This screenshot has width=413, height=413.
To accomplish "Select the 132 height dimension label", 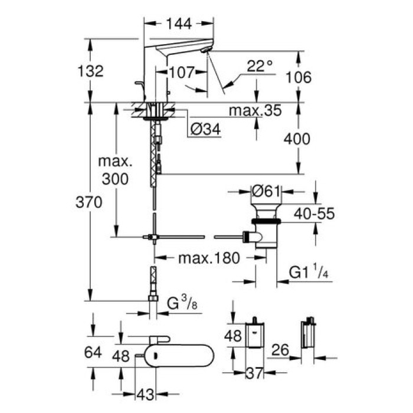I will (90, 71).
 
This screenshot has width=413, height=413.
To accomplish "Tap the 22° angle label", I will (260, 67).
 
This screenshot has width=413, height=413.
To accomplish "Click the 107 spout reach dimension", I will (181, 73).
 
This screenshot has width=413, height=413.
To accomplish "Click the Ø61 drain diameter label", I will (265, 191).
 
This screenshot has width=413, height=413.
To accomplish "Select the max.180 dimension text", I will (202, 258).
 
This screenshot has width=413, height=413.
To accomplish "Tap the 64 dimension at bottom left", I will (90, 352).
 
